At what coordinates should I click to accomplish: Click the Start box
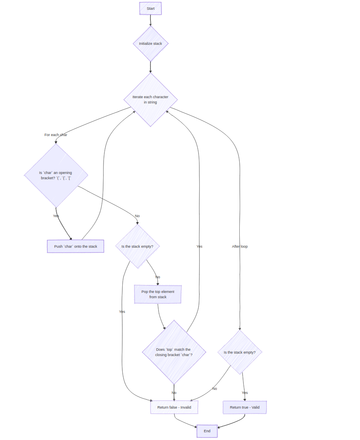[x=150, y=9]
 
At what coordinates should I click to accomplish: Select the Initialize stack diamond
[x=150, y=44]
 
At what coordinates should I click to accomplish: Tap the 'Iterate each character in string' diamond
[x=150, y=100]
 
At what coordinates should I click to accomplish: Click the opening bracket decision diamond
[x=56, y=176]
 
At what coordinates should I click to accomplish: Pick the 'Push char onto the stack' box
[x=75, y=246]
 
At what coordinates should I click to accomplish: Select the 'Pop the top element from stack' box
[x=158, y=294]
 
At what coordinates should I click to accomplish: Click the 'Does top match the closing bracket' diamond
[x=174, y=352]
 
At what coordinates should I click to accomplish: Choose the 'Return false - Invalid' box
[x=174, y=407]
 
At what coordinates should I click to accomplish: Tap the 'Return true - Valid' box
[x=245, y=407]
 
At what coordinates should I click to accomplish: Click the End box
[x=207, y=431]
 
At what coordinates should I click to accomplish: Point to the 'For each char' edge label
[x=56, y=135]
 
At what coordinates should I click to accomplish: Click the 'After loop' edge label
[x=240, y=246]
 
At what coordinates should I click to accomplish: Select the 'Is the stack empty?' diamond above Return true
[x=240, y=352]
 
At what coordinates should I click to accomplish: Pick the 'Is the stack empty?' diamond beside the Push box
[x=137, y=246]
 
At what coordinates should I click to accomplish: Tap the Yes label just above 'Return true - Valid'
[x=245, y=393]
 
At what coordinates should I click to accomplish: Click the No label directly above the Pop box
[x=158, y=277]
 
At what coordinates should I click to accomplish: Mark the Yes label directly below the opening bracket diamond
[x=56, y=216]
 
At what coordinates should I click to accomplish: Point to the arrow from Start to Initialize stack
[x=150, y=20]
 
